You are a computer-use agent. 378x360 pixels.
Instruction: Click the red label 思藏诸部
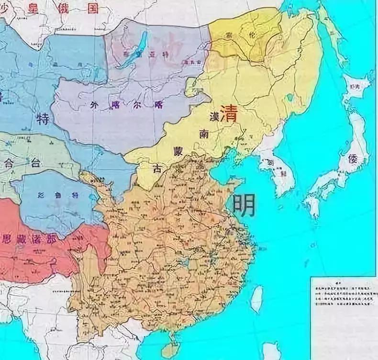coord(26,238)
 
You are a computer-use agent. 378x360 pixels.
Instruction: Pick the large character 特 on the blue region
coord(43,118)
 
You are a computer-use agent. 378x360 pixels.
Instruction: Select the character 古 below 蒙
coord(156,168)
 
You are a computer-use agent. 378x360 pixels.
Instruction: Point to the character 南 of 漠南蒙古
coord(204,135)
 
